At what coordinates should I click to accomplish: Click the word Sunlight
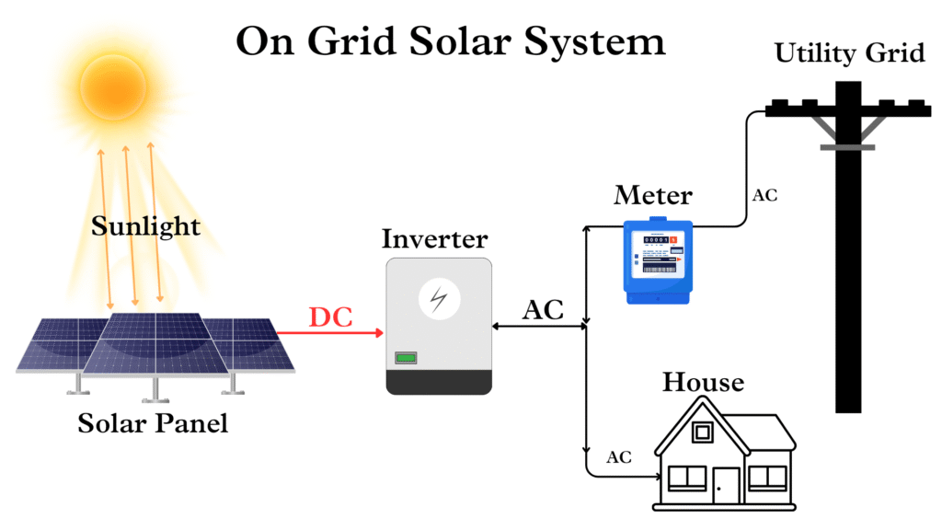coord(145,225)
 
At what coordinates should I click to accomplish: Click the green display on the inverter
coord(407,357)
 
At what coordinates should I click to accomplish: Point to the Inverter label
coord(434,238)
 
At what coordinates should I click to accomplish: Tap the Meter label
coord(652,195)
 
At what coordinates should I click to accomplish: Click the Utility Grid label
coord(848,52)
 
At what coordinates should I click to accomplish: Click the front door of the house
coord(727,483)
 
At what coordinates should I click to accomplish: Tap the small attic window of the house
coord(703,432)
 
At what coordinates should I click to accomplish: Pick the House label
coord(703,382)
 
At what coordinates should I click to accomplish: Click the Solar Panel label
coord(152,424)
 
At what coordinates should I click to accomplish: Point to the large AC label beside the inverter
coord(543,310)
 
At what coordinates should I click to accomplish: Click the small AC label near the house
coord(619,457)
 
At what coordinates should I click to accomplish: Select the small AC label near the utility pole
coord(764,195)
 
